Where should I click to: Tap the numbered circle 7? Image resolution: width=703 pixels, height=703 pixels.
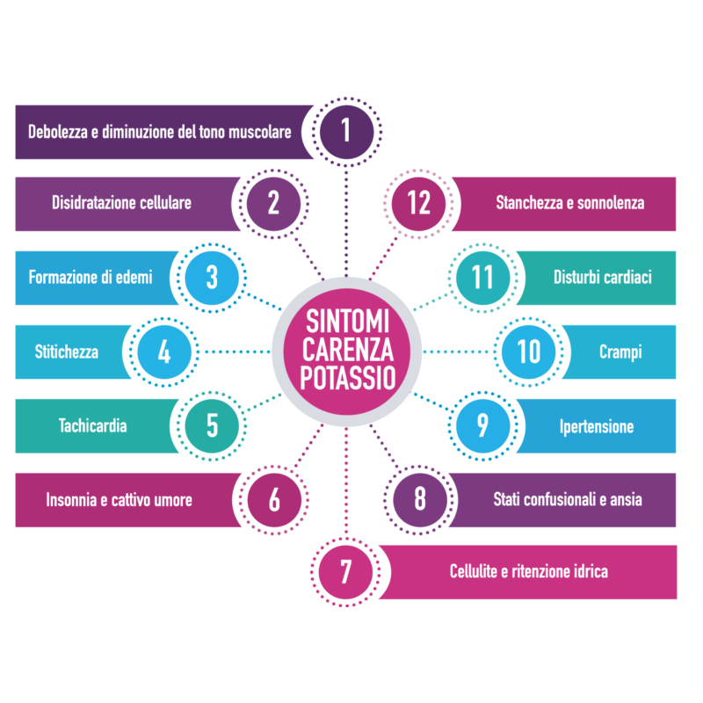345,572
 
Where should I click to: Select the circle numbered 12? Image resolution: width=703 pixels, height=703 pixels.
419,203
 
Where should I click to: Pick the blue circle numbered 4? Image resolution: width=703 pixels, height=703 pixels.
164,352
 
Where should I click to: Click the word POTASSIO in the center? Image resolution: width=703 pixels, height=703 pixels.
347,379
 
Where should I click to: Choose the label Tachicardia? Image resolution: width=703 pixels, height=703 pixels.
92,426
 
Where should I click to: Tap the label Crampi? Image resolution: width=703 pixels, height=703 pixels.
620,352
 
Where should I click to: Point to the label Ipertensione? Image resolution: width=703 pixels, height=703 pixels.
597,427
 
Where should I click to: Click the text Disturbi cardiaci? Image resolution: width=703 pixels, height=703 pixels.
602,278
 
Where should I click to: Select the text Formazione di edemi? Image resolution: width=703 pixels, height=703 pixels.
91,278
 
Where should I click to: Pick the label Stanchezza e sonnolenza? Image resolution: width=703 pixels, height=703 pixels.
569,203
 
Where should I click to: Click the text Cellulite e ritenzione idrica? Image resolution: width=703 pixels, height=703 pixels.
528,572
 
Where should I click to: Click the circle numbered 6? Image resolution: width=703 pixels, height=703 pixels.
274,500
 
